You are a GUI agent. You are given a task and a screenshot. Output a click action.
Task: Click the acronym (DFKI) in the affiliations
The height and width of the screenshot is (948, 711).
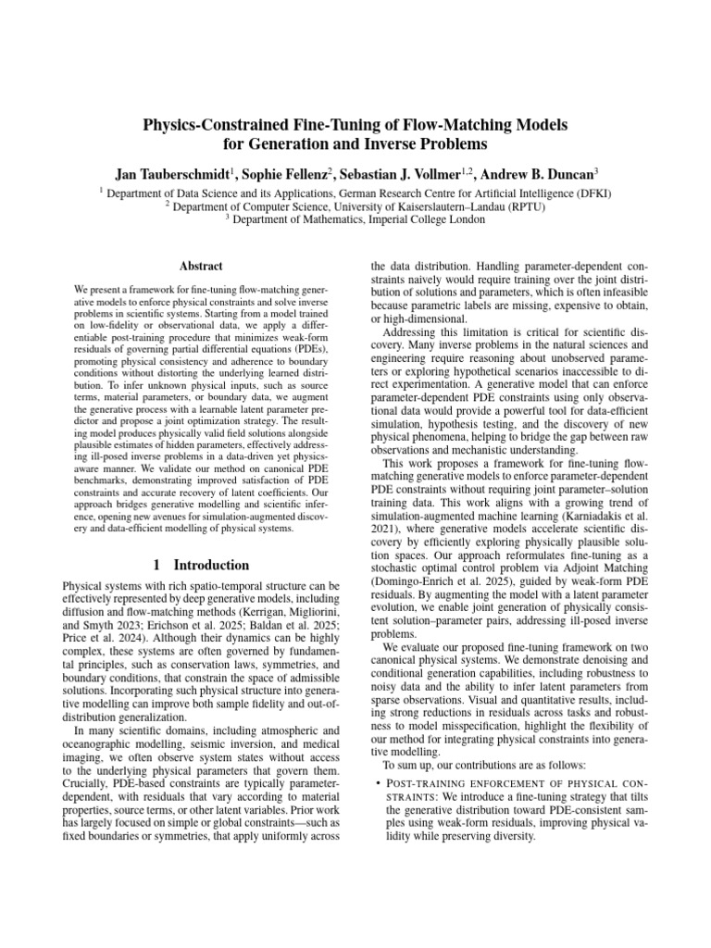592,193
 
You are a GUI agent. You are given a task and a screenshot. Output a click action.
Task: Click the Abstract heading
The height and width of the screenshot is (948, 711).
202,265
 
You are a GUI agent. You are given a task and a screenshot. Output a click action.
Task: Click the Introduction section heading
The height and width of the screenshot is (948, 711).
211,565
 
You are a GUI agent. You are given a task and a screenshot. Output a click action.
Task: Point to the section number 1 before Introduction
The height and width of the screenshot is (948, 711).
158,565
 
